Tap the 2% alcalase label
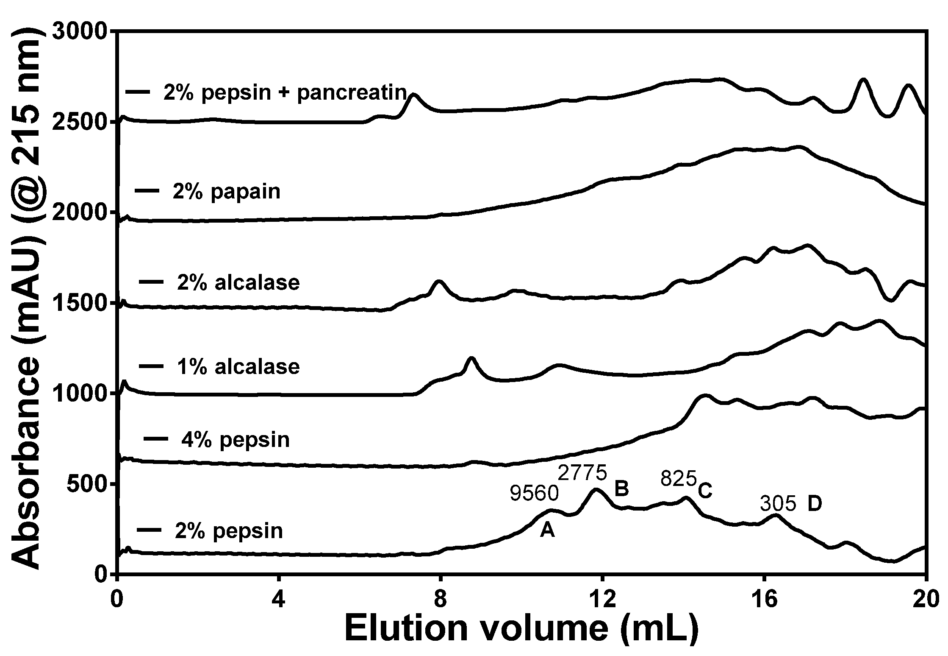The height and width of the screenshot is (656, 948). click(238, 283)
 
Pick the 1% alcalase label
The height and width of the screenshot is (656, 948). click(238, 366)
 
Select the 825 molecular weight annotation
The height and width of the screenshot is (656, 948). click(679, 479)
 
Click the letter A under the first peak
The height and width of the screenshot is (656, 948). click(547, 530)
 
